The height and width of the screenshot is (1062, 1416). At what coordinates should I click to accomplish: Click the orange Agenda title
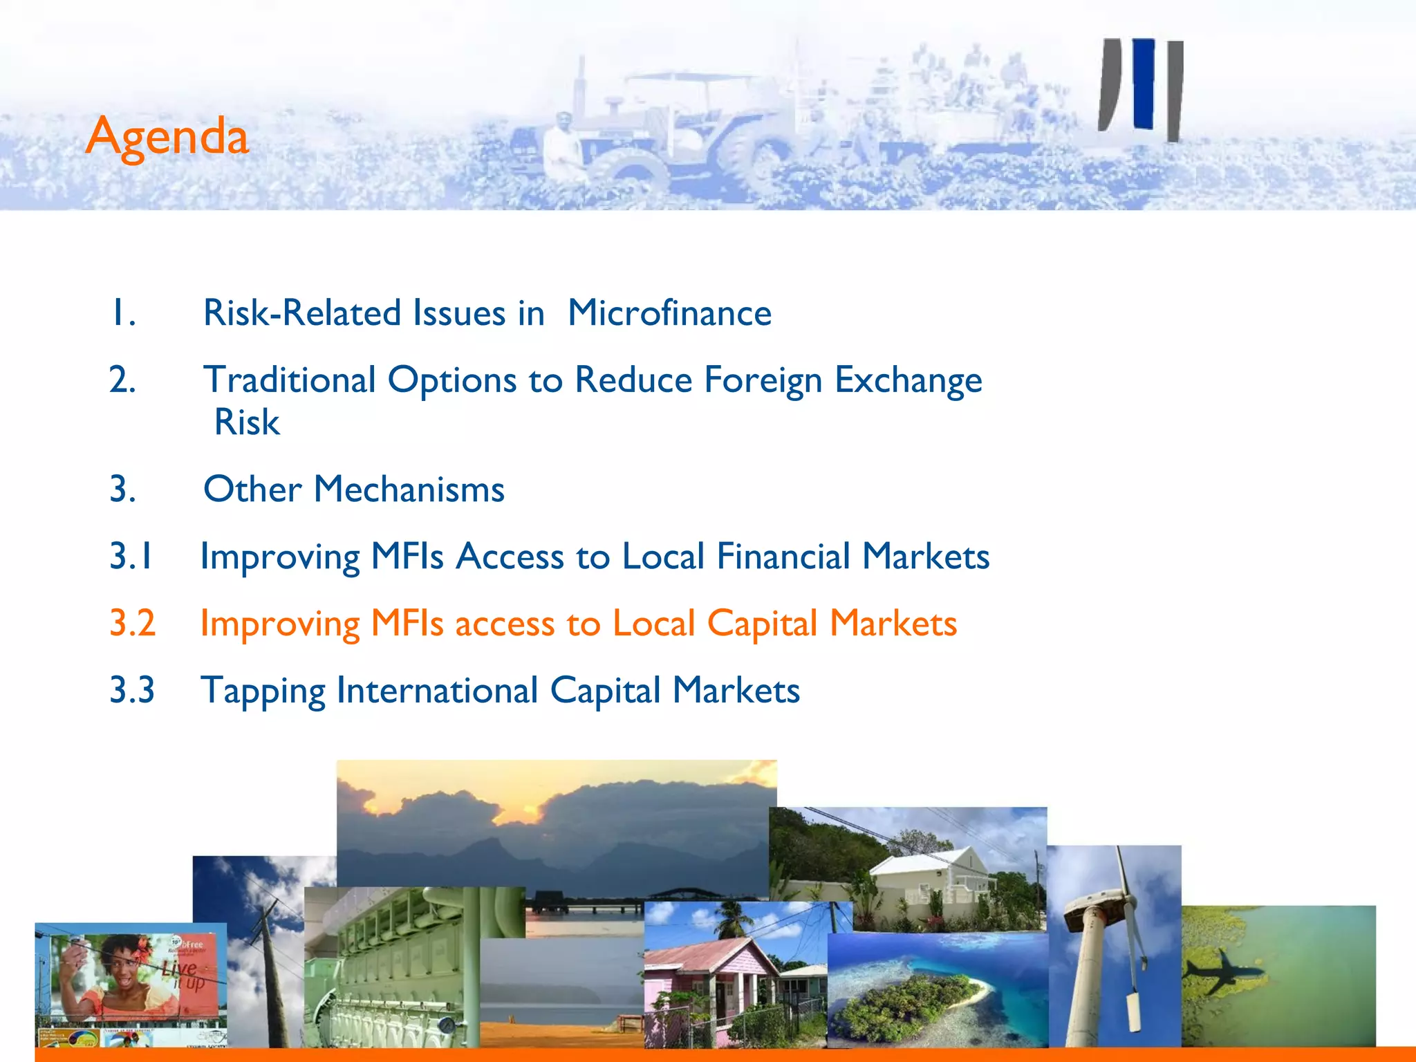[167, 137]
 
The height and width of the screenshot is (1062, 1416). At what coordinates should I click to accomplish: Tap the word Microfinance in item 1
[669, 313]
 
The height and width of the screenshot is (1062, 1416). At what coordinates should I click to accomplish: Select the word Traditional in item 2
[290, 380]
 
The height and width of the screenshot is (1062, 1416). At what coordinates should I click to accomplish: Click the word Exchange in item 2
[908, 380]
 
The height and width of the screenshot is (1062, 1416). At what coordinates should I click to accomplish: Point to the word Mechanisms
[409, 490]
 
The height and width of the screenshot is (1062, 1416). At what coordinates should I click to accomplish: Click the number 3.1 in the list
[131, 557]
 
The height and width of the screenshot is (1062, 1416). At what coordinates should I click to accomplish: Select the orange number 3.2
[132, 623]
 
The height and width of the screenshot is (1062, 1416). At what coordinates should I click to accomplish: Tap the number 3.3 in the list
[132, 690]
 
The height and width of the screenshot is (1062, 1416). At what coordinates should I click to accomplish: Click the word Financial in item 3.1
[783, 557]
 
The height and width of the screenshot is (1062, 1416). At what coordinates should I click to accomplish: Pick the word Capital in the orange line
[762, 624]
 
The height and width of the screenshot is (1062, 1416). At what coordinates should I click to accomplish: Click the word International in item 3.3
[437, 691]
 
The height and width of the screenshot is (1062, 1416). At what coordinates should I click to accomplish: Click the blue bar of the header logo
[1144, 83]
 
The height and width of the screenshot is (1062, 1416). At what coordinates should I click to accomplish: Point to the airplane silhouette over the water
[1224, 971]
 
